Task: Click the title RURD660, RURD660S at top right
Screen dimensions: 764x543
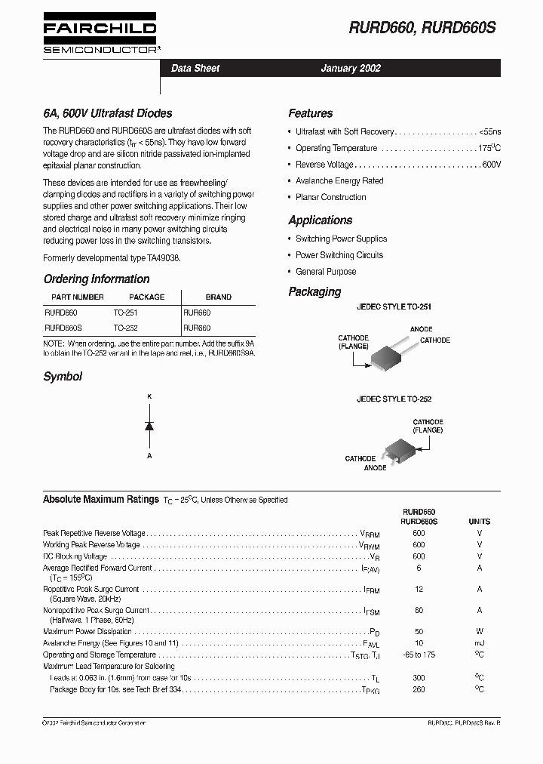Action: tap(422, 29)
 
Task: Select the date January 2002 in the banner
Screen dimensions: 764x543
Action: tap(351, 69)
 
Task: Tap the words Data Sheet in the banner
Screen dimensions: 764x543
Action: tap(195, 69)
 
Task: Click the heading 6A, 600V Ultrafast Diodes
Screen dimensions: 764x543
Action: tap(107, 114)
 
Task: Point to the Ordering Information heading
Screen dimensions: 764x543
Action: tap(96, 279)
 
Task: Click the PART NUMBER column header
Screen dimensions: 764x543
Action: tap(77, 297)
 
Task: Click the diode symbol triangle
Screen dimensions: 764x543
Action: tap(149, 426)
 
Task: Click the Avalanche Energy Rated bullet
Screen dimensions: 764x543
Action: tap(339, 181)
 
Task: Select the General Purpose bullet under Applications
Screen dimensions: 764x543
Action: tap(326, 272)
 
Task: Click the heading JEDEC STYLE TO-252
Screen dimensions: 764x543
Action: tap(394, 399)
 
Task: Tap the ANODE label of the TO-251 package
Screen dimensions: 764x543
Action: tap(421, 330)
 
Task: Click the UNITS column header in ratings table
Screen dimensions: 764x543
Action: tap(479, 522)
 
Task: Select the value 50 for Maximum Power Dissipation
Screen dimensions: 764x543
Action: tap(419, 632)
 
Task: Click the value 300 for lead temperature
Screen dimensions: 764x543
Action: tap(419, 679)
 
